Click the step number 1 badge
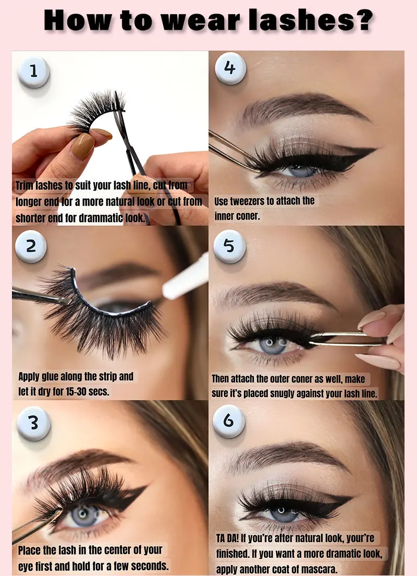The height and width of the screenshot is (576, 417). [x=33, y=71]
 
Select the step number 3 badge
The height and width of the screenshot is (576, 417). [x=33, y=422]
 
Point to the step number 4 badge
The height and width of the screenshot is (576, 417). [x=229, y=68]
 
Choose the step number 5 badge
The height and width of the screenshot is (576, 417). [x=229, y=246]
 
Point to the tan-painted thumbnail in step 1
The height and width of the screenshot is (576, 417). [x=83, y=146]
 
